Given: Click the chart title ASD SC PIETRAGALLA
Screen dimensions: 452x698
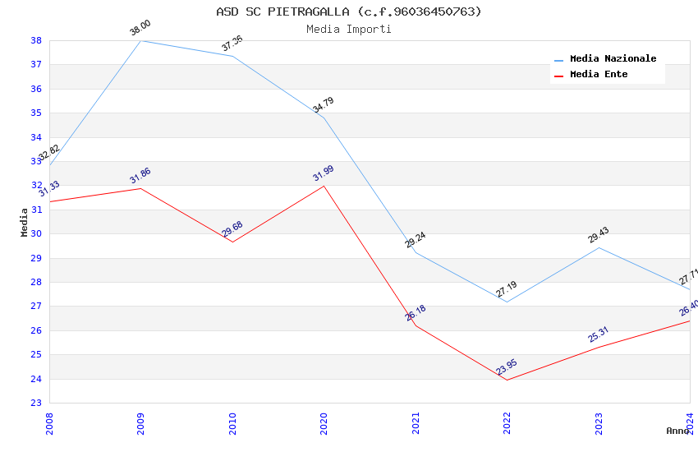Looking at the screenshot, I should (x=349, y=12).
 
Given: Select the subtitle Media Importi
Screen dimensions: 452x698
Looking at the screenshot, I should (x=349, y=29).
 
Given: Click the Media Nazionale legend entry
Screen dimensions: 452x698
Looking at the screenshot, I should (x=613, y=59).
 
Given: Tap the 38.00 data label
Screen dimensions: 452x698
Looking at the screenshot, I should (x=140, y=28).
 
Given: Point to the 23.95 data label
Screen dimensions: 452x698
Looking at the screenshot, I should (x=507, y=367).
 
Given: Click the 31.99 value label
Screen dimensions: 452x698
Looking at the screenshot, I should (x=324, y=173).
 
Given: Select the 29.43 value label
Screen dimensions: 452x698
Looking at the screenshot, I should (x=598, y=235).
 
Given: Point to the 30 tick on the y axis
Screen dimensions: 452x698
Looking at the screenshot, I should (x=37, y=234).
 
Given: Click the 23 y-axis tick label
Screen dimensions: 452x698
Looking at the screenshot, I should (x=37, y=404).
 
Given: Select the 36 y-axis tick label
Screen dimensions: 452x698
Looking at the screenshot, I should (x=37, y=89).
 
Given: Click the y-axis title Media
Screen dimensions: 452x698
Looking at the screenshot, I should (x=25, y=222).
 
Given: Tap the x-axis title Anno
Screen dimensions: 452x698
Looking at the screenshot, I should (x=677, y=431).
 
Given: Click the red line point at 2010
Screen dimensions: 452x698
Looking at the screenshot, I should (x=232, y=242).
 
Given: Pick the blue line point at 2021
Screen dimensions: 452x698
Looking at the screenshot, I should (x=416, y=252).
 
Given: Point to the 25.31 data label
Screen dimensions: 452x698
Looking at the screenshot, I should (x=598, y=334).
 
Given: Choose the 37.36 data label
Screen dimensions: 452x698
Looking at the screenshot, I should (x=232, y=44).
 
